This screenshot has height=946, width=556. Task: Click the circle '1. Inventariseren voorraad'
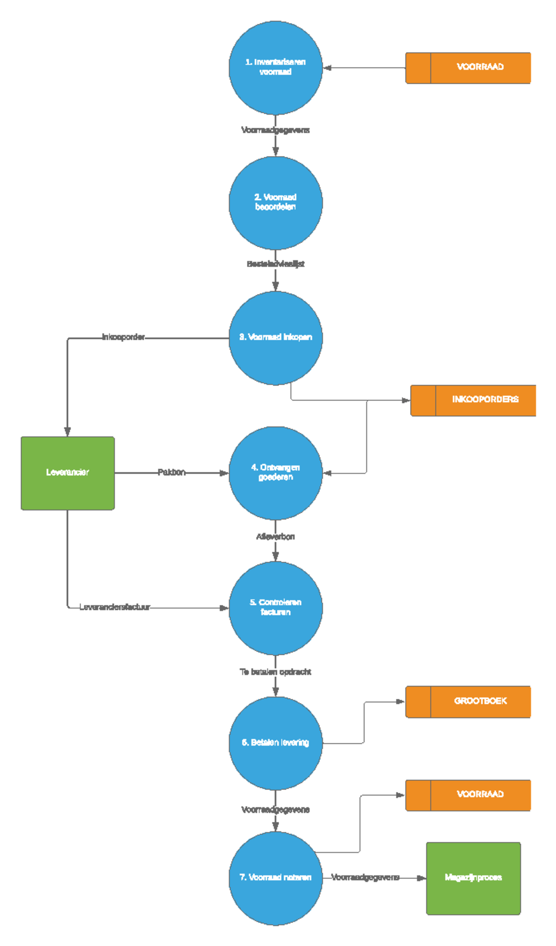(x=275, y=68)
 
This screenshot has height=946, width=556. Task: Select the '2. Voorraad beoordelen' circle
(x=275, y=203)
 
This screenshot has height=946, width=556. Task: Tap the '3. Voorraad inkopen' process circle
(x=275, y=338)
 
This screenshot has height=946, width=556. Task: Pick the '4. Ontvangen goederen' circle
(x=275, y=473)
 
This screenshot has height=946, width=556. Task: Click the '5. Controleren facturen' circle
(x=275, y=608)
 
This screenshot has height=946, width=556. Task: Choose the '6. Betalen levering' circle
(x=275, y=743)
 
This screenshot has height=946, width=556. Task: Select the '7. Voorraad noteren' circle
(x=275, y=878)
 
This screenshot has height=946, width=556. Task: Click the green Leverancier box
(x=68, y=473)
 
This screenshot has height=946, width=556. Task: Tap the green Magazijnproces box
(x=473, y=878)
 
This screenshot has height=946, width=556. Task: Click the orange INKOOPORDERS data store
(x=473, y=400)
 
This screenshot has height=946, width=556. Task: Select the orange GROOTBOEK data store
(x=468, y=702)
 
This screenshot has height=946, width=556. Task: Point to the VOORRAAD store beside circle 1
(x=468, y=68)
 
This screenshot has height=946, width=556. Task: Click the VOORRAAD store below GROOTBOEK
(x=468, y=795)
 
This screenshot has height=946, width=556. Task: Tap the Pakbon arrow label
(x=171, y=473)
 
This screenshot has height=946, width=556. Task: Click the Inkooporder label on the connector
(x=123, y=337)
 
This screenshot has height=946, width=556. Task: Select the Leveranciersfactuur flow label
(x=114, y=607)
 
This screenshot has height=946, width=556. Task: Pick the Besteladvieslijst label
(x=275, y=264)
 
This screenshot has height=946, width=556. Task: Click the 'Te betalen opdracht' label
(x=275, y=672)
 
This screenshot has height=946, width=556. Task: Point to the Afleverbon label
(x=275, y=537)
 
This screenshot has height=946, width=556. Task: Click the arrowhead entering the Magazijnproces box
(x=422, y=878)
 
